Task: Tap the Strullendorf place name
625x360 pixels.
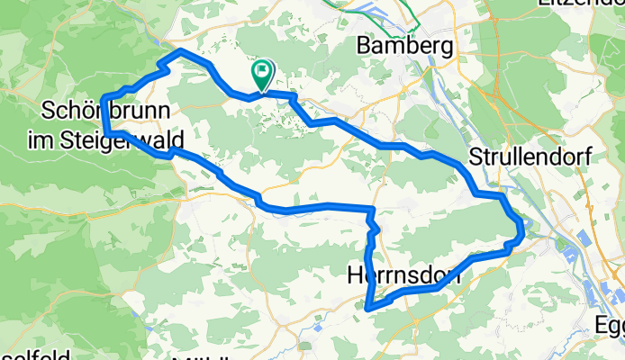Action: tap(530, 157)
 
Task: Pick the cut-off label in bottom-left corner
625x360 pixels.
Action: tap(36, 355)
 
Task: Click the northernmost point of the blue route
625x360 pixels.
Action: tap(182, 50)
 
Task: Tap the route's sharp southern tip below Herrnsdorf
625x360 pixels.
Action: tap(368, 309)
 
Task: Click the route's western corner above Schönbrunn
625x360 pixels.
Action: tap(104, 97)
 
